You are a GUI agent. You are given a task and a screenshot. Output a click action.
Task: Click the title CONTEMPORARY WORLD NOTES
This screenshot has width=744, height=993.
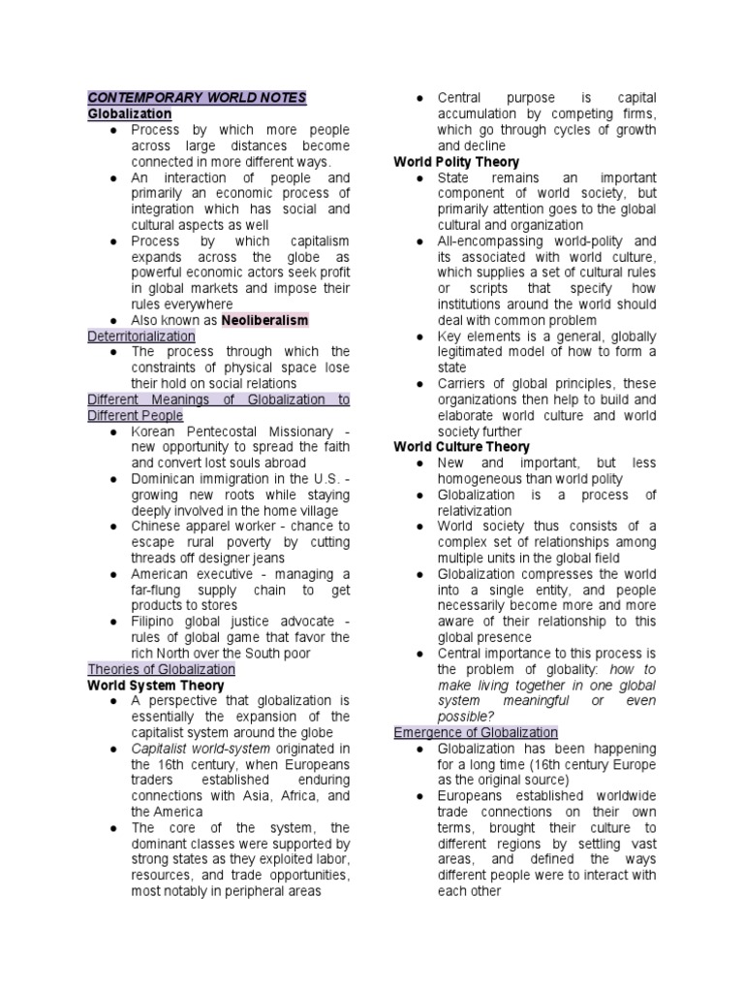[x=197, y=98]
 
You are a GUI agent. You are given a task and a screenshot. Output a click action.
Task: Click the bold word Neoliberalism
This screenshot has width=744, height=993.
[x=264, y=319]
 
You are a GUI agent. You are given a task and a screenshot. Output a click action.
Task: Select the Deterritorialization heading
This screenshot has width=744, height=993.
[x=141, y=336]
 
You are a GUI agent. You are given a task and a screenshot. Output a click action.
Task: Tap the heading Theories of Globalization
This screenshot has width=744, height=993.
[x=161, y=669]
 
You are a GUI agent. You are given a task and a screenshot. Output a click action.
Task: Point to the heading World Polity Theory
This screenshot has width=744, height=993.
[x=456, y=162]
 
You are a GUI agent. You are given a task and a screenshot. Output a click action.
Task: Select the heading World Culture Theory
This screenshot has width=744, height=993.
[x=461, y=447]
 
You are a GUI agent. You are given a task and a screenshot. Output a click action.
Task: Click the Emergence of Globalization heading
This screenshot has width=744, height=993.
[x=476, y=732]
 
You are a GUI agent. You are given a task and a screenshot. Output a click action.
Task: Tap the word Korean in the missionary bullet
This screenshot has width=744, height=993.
[x=154, y=431]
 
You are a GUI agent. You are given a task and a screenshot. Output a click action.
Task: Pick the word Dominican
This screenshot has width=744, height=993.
[x=164, y=478]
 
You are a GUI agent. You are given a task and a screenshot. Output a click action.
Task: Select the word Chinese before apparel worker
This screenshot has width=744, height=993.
[x=156, y=526]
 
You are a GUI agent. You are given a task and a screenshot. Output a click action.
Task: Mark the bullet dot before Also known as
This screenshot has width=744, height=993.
[x=113, y=320]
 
